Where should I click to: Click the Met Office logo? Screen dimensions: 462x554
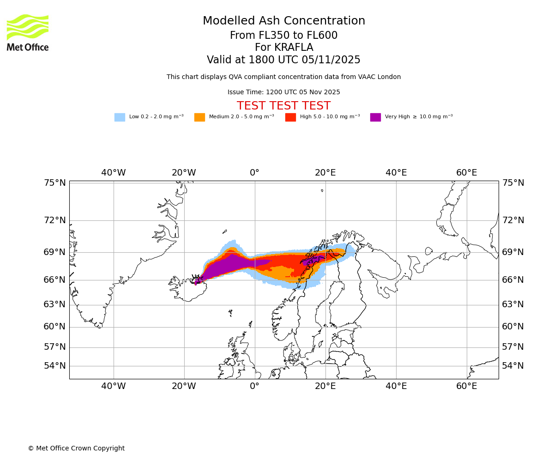pyautogui.click(x=28, y=32)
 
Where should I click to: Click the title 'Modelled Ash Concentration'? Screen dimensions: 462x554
pyautogui.click(x=283, y=21)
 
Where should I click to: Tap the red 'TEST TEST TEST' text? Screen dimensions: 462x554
pyautogui.click(x=283, y=106)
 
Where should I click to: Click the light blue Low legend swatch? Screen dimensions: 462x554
pyautogui.click(x=120, y=117)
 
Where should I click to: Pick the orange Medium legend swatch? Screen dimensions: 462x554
pyautogui.click(x=199, y=117)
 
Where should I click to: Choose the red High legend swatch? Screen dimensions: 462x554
pyautogui.click(x=290, y=117)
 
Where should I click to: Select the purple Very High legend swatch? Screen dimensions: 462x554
pyautogui.click(x=375, y=117)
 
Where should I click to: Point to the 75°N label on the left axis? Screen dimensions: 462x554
pyautogui.click(x=55, y=183)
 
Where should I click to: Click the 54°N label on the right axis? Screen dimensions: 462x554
pyautogui.click(x=513, y=366)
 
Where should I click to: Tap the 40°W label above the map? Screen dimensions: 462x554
pyautogui.click(x=114, y=173)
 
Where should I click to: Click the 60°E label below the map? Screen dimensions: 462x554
pyautogui.click(x=467, y=386)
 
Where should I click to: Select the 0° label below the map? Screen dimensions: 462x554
pyautogui.click(x=254, y=386)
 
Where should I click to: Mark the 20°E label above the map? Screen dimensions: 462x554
pyautogui.click(x=325, y=173)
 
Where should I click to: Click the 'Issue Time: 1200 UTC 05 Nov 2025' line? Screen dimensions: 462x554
pyautogui.click(x=283, y=92)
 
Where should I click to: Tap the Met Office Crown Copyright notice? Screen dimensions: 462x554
pyautogui.click(x=76, y=449)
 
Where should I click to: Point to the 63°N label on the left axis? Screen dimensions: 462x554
pyautogui.click(x=55, y=304)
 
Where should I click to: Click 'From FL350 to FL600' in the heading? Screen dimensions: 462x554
pyautogui.click(x=283, y=36)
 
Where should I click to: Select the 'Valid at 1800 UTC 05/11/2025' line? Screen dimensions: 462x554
pyautogui.click(x=283, y=60)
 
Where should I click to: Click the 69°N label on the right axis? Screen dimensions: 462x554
pyautogui.click(x=513, y=252)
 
